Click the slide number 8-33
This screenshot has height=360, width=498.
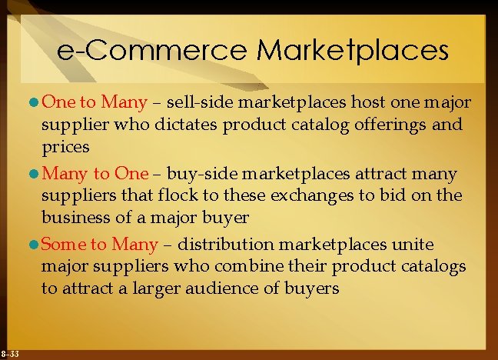[x=10, y=352]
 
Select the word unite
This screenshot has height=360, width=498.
[x=415, y=245]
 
